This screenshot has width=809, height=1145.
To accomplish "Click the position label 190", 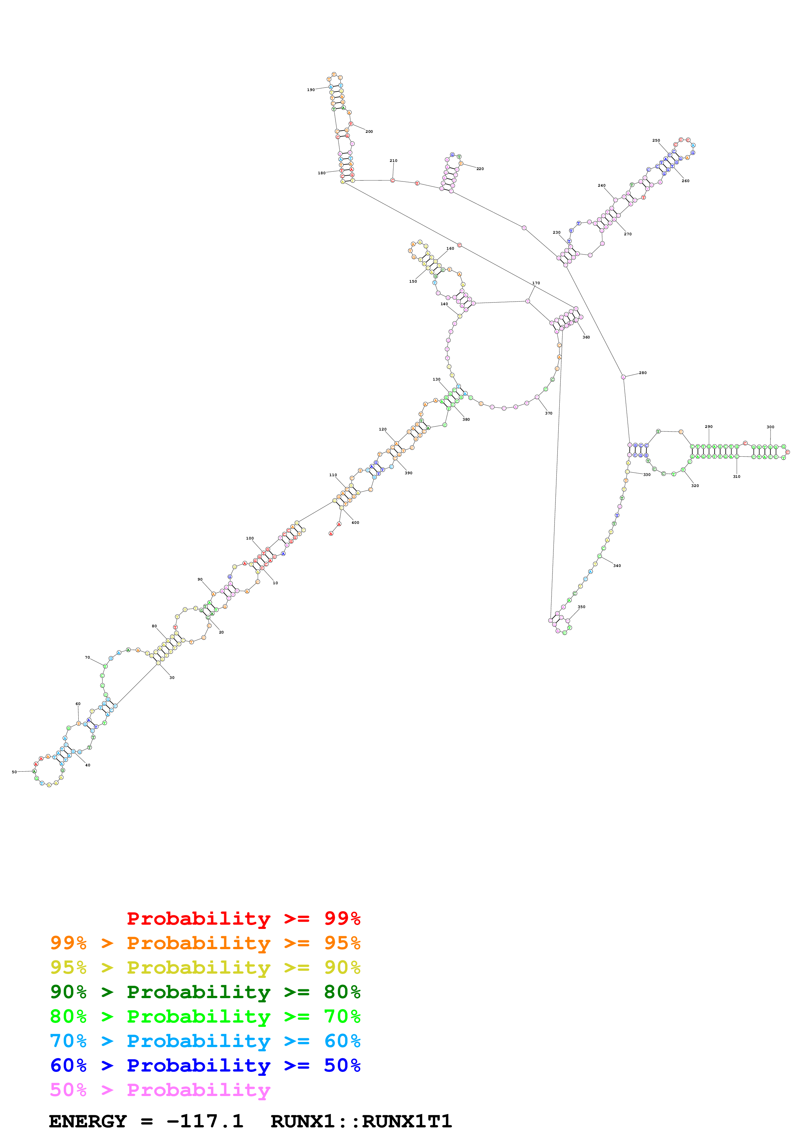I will [311, 90].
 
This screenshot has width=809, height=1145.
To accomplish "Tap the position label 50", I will [14, 772].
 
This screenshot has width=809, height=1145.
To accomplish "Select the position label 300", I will [770, 427].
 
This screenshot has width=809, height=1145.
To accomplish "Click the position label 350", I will [581, 607].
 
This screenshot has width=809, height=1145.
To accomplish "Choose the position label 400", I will [355, 523].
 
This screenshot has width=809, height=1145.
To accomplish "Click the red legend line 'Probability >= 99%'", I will [243, 918].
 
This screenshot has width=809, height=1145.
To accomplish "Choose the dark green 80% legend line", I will [205, 992].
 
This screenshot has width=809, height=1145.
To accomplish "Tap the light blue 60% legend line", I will [205, 1041].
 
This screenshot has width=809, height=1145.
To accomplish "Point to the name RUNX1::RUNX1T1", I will [361, 1121].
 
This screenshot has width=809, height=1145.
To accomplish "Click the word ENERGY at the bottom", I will [88, 1121].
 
